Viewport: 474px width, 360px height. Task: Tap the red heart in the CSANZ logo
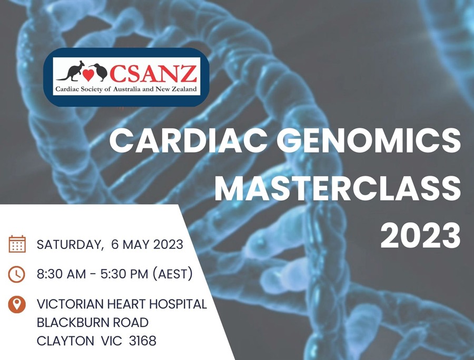coord(88,75)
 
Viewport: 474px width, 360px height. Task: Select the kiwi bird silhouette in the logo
coord(98,72)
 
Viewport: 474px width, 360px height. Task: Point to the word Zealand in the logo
coord(184,89)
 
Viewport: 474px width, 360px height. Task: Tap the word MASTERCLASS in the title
coord(338,188)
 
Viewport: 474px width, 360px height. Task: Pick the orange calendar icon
coord(17,244)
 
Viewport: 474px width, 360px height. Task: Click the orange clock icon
coord(17,274)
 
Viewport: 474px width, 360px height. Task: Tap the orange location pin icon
coord(17,304)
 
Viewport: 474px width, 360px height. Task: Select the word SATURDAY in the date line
coord(68,244)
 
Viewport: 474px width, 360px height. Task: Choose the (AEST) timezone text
coord(173,274)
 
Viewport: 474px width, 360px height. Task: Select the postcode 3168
coord(142,341)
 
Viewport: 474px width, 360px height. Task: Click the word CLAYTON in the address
coord(65,341)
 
